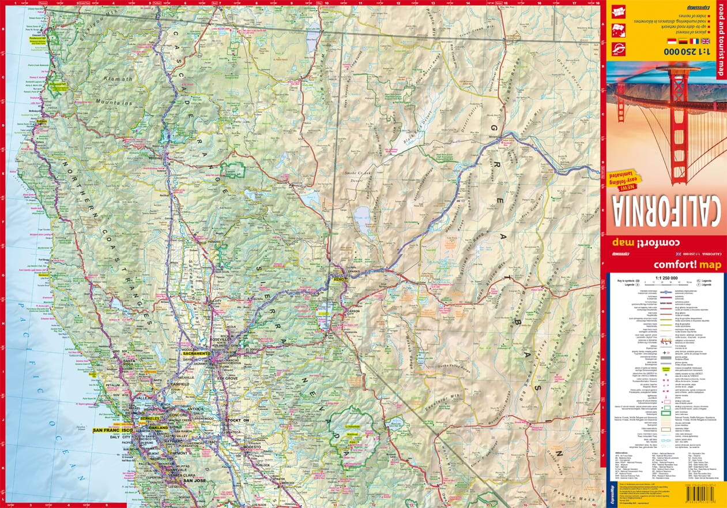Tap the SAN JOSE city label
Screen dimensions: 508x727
click(x=195, y=480)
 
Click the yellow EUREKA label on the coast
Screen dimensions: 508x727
click(x=42, y=121)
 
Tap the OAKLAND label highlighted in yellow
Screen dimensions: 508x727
click(x=157, y=428)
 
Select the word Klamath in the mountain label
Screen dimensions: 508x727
click(x=118, y=79)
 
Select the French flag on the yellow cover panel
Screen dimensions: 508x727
click(x=694, y=42)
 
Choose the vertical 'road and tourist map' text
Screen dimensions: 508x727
click(x=720, y=40)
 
